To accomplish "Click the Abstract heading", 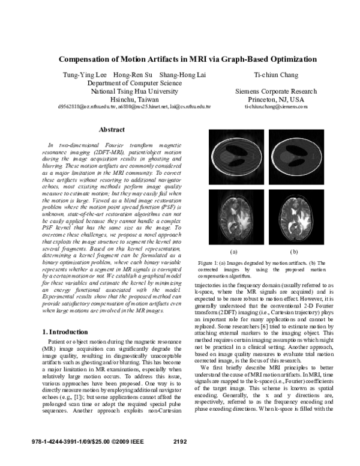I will pos(112,130).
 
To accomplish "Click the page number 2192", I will pos(180,442).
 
